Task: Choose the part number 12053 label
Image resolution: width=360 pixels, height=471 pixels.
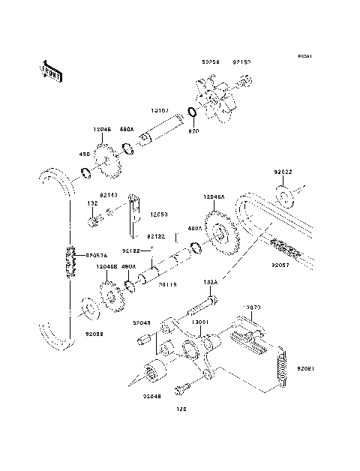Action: [157, 214]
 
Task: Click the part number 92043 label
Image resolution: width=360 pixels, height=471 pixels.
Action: [143, 323]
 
